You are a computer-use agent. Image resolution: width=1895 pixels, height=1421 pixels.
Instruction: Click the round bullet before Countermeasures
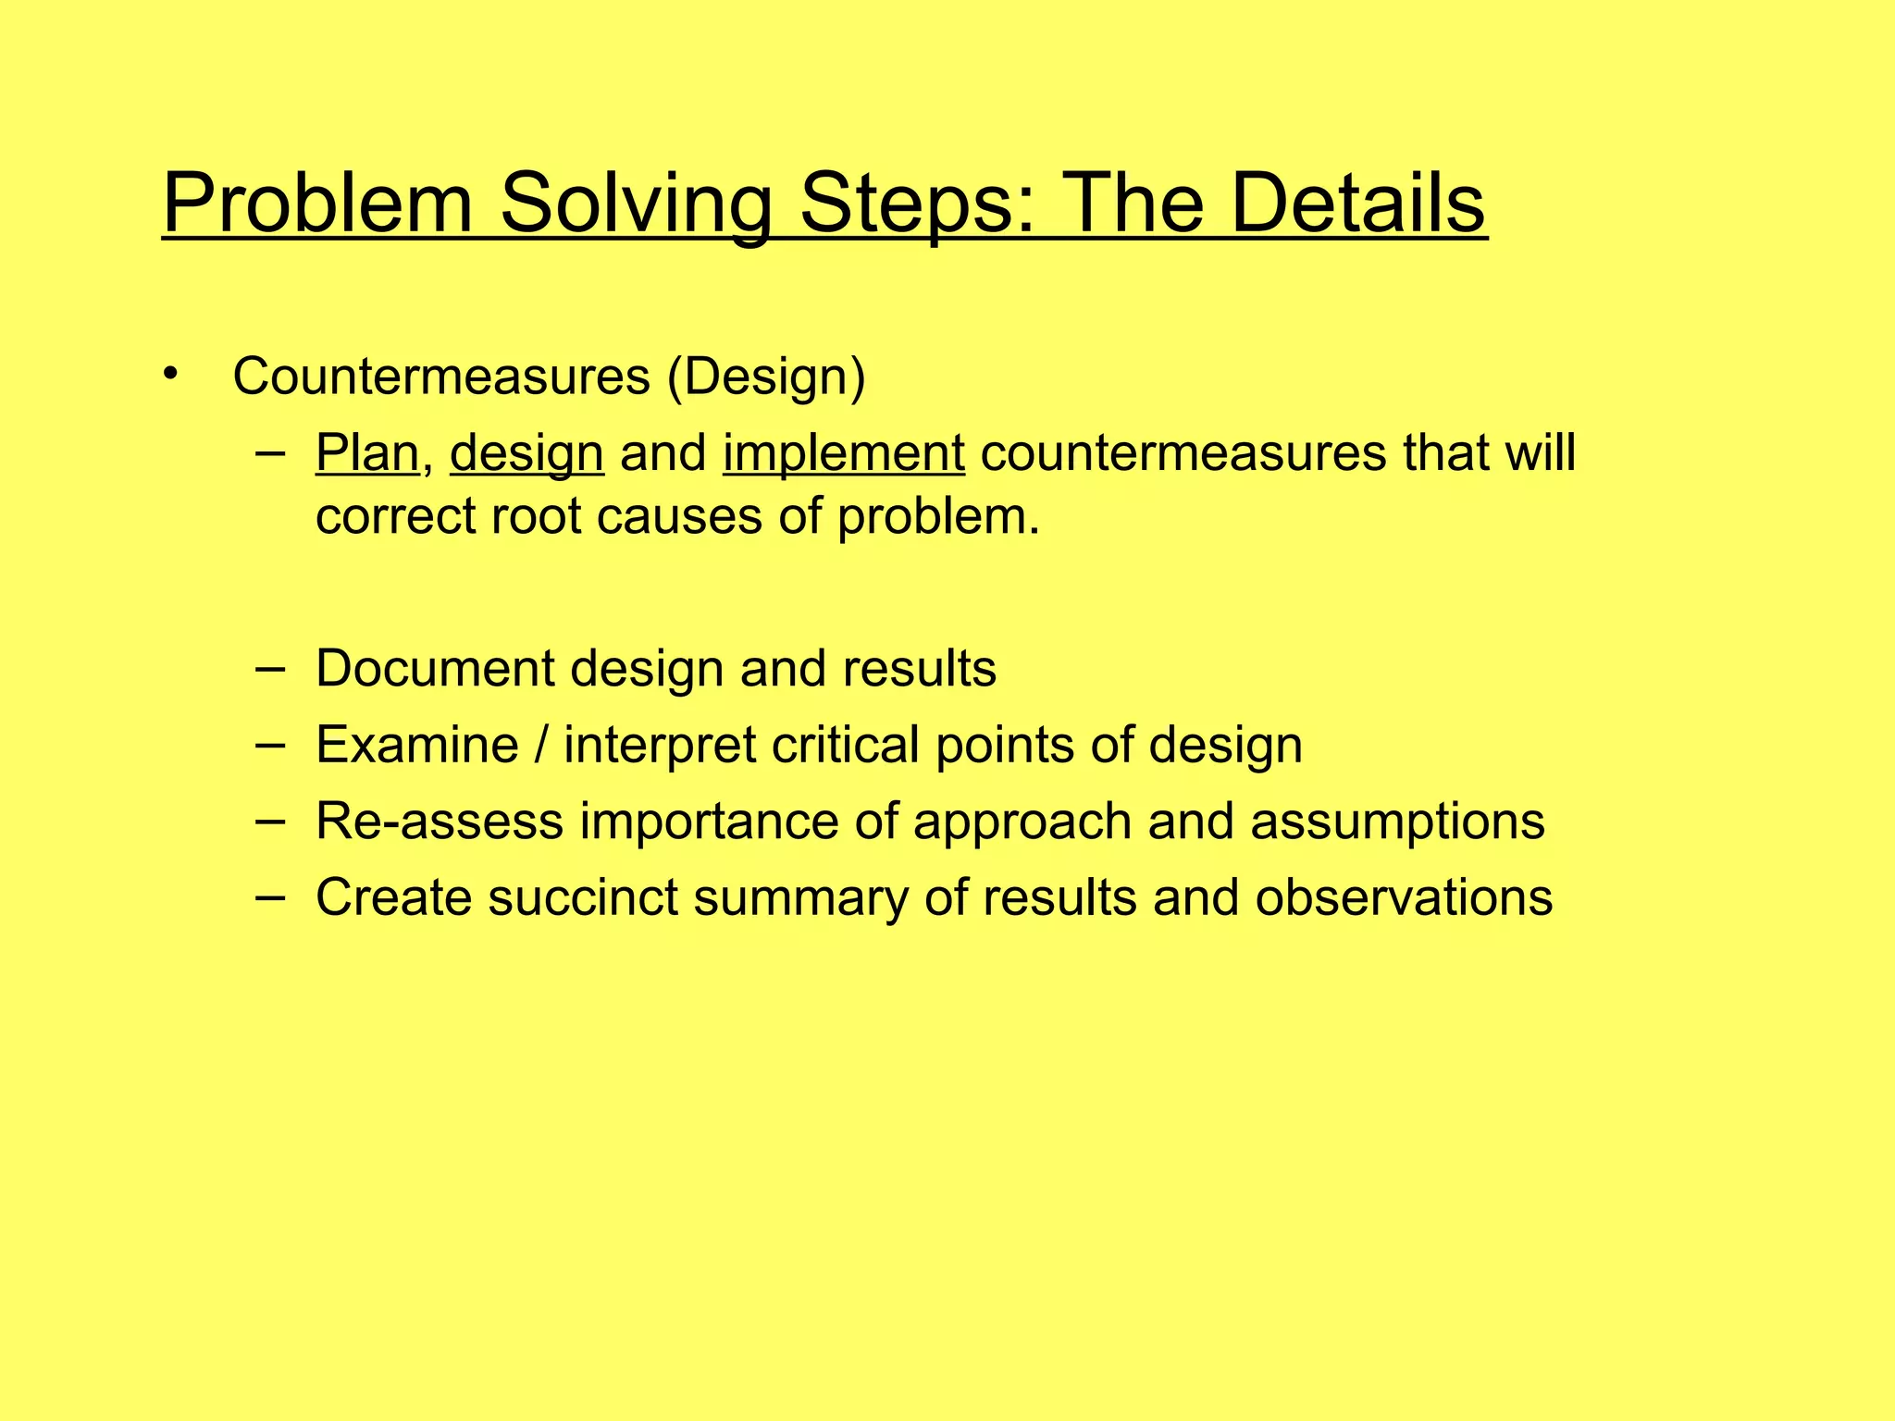point(168,374)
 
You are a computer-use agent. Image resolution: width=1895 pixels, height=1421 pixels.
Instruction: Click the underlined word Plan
point(367,454)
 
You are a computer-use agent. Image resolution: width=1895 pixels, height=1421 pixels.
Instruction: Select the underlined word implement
point(844,454)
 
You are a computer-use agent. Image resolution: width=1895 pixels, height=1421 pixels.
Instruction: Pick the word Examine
point(416,745)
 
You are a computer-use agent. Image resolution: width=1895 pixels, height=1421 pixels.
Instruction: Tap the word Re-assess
point(440,822)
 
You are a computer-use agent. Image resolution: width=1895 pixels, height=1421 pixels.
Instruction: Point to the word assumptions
point(1397,822)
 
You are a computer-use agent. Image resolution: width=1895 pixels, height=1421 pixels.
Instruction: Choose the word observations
point(1404,897)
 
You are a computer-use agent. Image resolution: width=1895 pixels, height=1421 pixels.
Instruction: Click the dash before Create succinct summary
point(270,896)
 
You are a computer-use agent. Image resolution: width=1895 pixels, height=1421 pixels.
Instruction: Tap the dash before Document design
point(270,667)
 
